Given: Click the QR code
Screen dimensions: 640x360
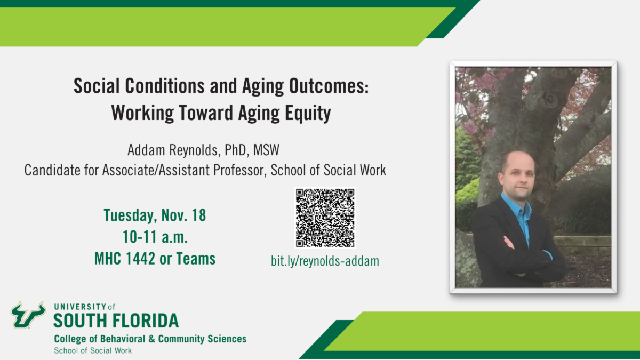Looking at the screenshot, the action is coord(325,218).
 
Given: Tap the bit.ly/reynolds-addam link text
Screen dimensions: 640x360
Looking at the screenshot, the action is coord(325,261).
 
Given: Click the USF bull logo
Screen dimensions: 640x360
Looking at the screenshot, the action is coord(28,315).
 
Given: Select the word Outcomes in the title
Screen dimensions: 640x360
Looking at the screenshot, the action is coord(329,86).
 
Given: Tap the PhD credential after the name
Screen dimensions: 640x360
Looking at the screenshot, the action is coord(235,150).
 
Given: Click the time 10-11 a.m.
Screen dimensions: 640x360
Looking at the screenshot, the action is coord(155,237).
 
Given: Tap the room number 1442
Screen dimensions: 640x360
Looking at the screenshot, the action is coord(140,259).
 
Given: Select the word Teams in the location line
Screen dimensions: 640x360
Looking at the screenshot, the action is coord(196,259).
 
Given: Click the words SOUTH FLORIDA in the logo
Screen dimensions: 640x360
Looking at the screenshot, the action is coord(116,321).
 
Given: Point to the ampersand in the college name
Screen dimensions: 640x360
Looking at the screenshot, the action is coord(151,339).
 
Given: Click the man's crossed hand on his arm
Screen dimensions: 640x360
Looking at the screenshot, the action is coord(509,243).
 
